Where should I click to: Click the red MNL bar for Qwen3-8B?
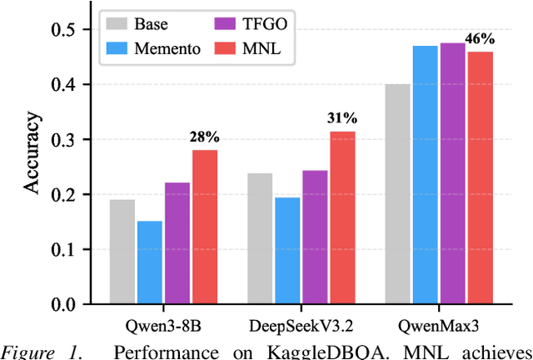click(205, 227)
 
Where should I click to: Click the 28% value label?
click(205, 137)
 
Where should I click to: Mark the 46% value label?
click(481, 38)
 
